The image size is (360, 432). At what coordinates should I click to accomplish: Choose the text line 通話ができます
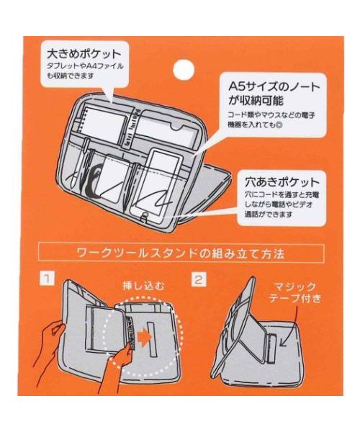pyautogui.click(x=262, y=215)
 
